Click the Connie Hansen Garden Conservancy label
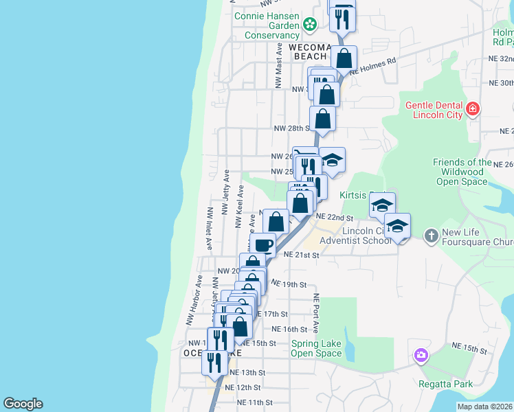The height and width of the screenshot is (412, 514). [x=267, y=25]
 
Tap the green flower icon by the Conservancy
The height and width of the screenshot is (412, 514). [x=310, y=25]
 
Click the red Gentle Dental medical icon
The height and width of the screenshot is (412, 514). [x=472, y=108]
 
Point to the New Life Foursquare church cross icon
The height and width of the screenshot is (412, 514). [x=431, y=236]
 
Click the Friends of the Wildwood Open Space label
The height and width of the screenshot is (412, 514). [x=462, y=172]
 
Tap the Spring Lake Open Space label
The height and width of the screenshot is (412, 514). [x=316, y=349]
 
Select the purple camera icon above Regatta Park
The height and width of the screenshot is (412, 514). [x=421, y=356]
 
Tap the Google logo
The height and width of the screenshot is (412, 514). [x=23, y=404]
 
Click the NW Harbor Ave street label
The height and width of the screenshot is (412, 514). [x=193, y=301]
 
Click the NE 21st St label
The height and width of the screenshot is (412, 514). [x=302, y=255]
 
